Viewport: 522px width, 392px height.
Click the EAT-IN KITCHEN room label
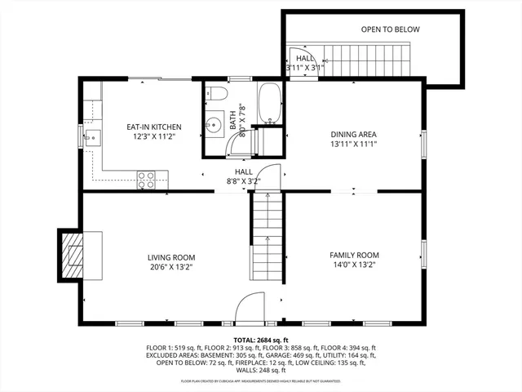153,127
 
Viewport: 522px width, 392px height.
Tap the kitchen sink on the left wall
91,136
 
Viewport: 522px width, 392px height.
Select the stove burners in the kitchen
146,179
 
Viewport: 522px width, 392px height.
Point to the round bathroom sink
215,126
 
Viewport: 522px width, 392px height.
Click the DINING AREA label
353,134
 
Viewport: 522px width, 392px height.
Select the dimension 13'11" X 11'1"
353,144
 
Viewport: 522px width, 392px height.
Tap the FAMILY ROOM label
354,255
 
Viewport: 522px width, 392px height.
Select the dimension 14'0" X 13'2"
354,265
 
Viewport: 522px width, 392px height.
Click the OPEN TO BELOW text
390,29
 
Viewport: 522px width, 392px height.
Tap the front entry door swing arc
250,309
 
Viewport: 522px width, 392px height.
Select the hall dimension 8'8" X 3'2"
244,181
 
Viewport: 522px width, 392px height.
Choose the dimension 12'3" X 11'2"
153,136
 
